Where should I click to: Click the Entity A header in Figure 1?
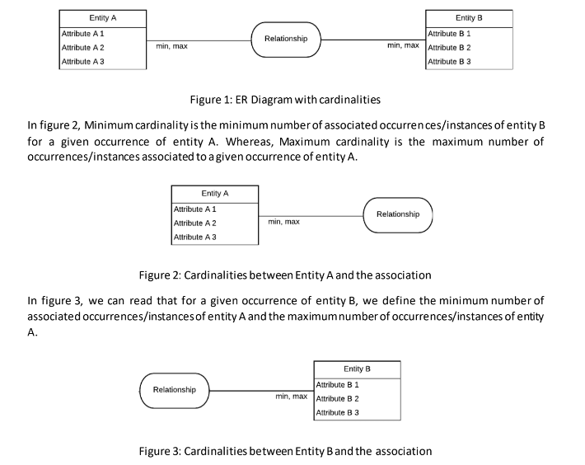click(103, 18)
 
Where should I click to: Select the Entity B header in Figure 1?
click(469, 17)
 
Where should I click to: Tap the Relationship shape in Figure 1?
click(286, 39)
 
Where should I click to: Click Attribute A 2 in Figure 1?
click(82, 48)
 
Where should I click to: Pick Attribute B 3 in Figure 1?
click(449, 62)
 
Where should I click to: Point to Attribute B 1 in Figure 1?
click(449, 34)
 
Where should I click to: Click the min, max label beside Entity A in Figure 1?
click(171, 46)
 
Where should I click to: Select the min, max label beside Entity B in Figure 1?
click(403, 45)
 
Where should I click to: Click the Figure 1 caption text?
click(285, 100)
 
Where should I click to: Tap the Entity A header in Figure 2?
click(214, 193)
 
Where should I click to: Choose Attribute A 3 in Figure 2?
click(194, 237)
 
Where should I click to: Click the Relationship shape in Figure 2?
click(397, 214)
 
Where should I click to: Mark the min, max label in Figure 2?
click(283, 222)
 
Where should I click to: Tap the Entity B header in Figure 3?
click(357, 369)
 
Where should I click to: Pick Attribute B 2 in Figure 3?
click(338, 398)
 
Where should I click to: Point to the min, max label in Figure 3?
click(291, 397)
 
